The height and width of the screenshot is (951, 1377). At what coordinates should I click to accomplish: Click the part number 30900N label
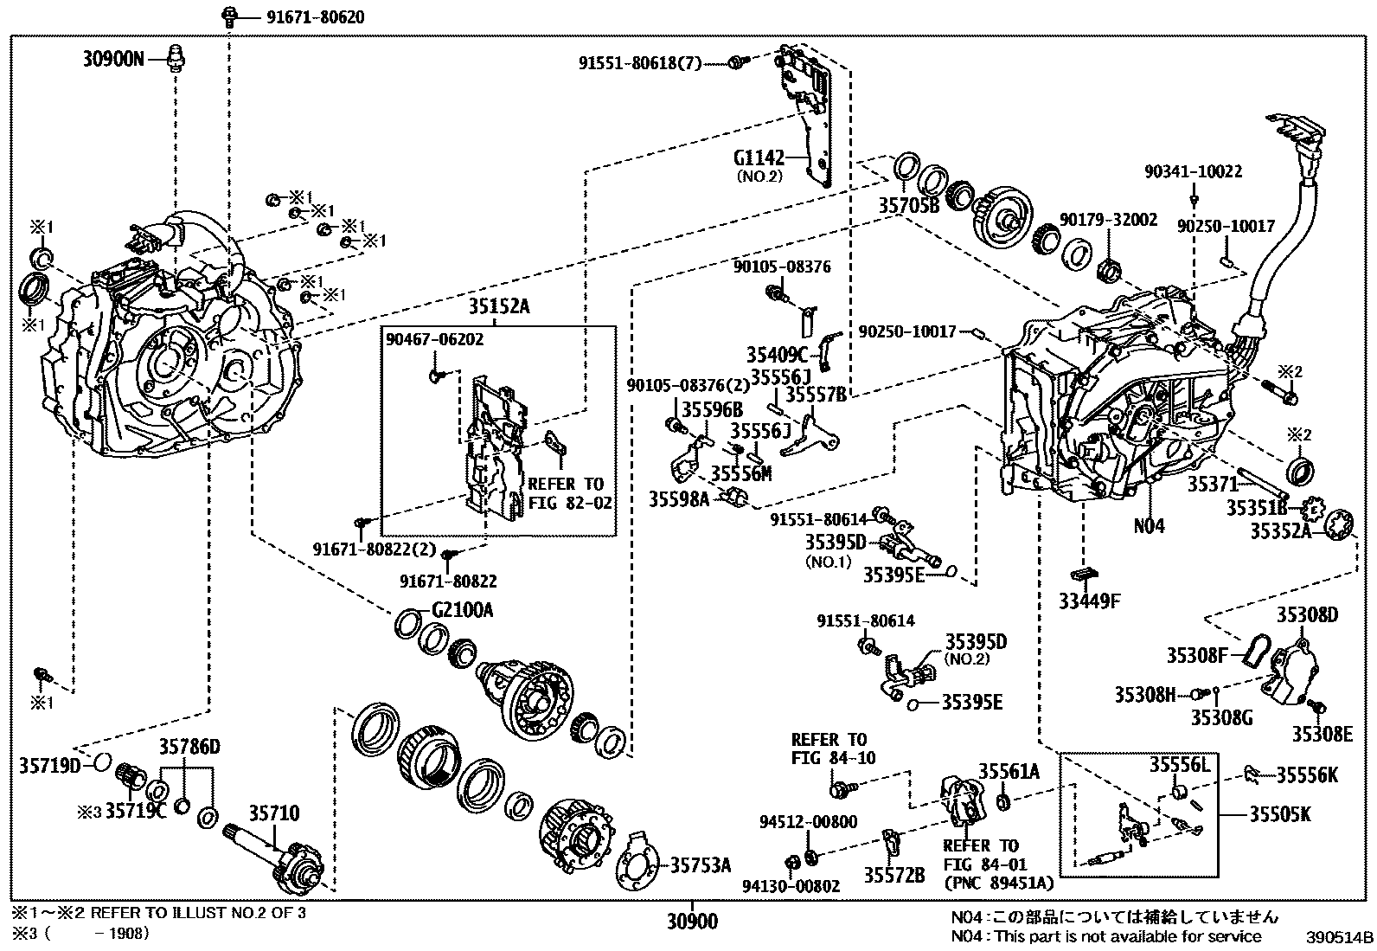click(113, 59)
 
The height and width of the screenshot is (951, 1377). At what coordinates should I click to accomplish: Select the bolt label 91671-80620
click(302, 16)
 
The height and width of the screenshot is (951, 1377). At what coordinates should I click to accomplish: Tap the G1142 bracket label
click(759, 158)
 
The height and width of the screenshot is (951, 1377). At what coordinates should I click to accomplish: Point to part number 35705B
click(908, 206)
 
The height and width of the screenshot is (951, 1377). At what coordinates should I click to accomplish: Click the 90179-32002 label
click(1108, 221)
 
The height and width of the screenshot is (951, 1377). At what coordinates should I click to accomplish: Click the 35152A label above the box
click(499, 306)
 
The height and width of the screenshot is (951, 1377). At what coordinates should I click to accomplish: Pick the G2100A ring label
click(462, 611)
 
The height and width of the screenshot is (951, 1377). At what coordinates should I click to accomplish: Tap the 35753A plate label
click(701, 864)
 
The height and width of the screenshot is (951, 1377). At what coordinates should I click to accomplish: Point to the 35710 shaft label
click(274, 813)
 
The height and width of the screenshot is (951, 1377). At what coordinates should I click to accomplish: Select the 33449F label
click(1088, 600)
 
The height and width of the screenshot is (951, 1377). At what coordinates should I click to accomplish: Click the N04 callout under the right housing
click(1150, 525)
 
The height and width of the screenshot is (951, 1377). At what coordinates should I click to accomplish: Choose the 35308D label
click(1307, 615)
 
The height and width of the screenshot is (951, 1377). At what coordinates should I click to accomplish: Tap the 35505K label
click(1280, 814)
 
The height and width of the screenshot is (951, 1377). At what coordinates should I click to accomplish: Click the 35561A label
click(1009, 771)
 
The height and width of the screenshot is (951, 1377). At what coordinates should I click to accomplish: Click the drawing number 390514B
click(1340, 936)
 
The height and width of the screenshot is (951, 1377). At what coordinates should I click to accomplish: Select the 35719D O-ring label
click(49, 765)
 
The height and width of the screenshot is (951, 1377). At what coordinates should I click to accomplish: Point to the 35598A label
click(679, 498)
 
